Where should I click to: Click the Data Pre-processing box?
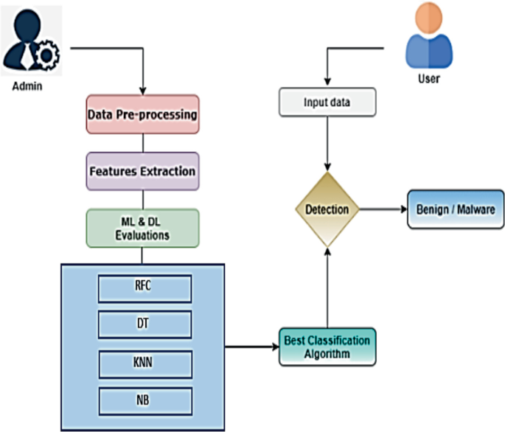click(142, 114)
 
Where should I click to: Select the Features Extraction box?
click(142, 171)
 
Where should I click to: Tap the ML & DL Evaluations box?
click(142, 228)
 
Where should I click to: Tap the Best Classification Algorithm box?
click(327, 346)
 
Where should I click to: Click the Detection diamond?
click(327, 209)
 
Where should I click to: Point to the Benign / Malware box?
click(451, 209)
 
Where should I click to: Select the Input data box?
click(327, 102)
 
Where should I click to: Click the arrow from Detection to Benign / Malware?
click(383, 209)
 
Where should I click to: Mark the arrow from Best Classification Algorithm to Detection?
click(327, 288)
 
